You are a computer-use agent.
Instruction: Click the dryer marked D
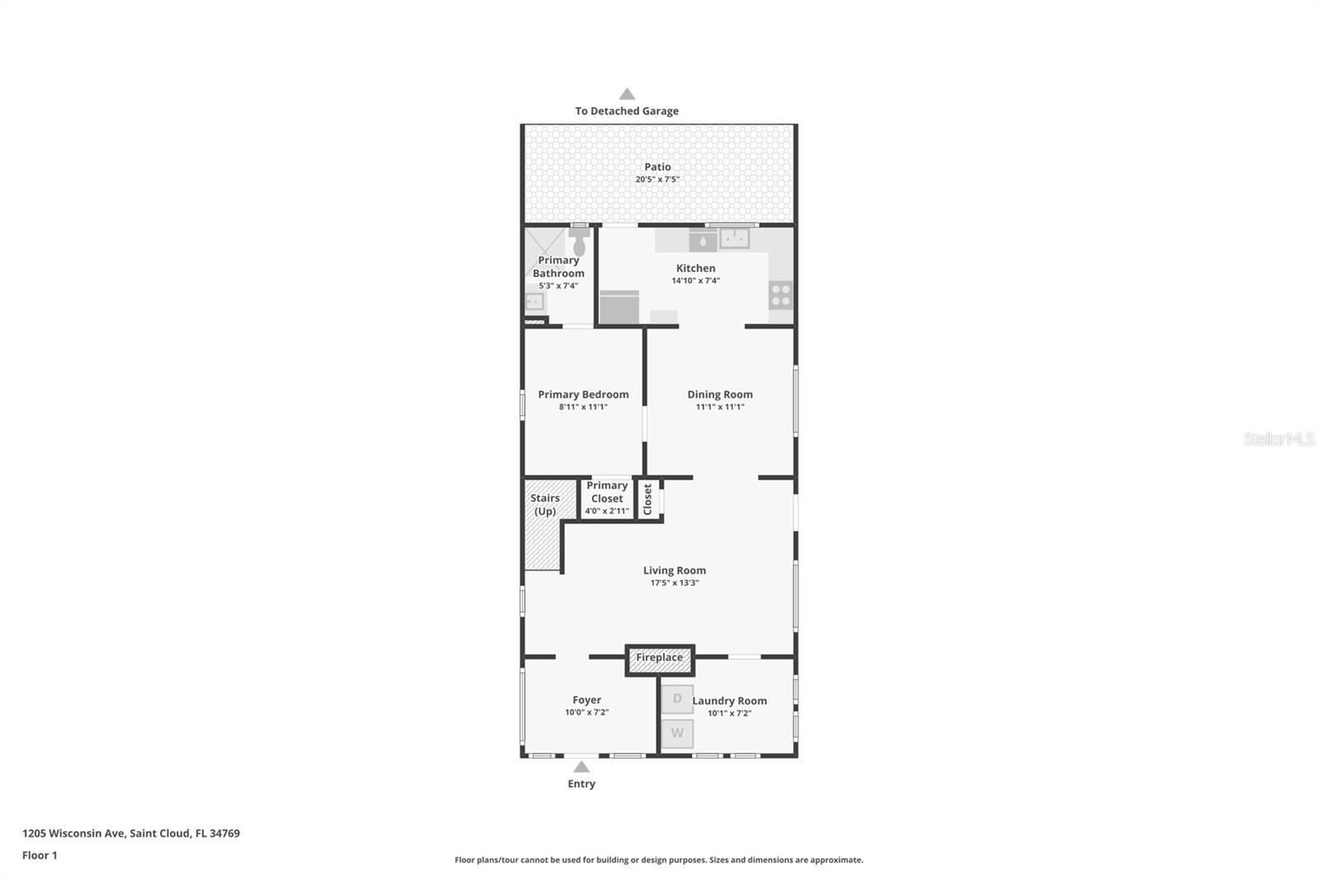click(677, 699)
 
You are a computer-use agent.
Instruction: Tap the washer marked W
click(677, 733)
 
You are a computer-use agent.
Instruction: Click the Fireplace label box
click(659, 658)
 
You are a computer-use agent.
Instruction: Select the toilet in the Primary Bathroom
click(579, 242)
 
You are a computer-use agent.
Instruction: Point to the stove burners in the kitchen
click(780, 295)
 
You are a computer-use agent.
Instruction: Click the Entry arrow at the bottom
click(582, 767)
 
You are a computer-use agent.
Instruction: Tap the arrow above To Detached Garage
click(627, 94)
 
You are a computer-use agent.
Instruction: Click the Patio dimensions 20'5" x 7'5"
click(657, 180)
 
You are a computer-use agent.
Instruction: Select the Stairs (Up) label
click(544, 505)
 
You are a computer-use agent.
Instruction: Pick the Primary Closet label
click(607, 492)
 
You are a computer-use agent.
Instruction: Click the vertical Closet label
click(647, 500)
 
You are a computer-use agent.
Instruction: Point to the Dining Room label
click(720, 395)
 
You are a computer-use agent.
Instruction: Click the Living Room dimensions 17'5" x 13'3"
click(675, 583)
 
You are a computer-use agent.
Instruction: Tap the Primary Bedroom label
click(583, 395)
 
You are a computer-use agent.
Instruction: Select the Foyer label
click(587, 700)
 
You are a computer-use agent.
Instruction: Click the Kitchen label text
click(695, 269)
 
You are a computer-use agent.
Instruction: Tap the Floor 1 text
click(40, 856)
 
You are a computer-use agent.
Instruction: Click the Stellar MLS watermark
click(1278, 439)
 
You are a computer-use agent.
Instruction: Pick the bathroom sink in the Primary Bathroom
click(534, 301)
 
